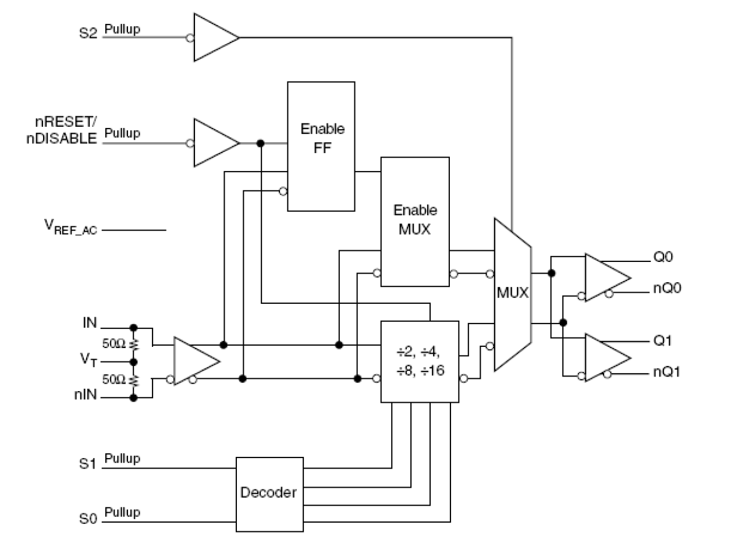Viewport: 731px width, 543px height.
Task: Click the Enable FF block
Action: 321,146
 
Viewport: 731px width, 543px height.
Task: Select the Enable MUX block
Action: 415,221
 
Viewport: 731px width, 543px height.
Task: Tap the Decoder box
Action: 269,494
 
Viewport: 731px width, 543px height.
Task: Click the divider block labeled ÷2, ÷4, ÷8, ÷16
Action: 419,361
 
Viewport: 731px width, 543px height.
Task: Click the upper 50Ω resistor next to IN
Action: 133,345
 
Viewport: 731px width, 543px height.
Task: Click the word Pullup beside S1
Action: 123,459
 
